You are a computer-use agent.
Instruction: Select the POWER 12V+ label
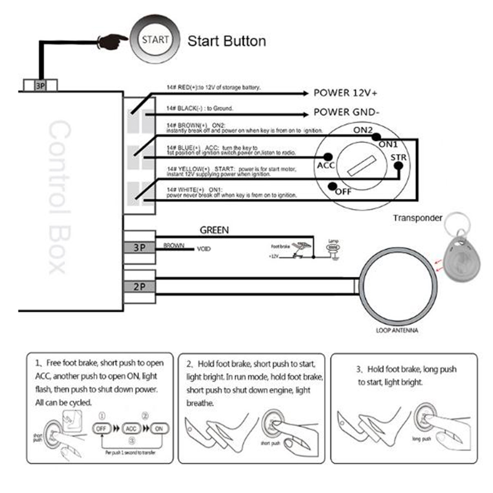click(x=346, y=93)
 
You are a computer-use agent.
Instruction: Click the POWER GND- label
click(x=346, y=113)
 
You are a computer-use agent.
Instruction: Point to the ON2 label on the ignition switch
click(x=364, y=129)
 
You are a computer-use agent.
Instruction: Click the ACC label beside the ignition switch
click(x=325, y=166)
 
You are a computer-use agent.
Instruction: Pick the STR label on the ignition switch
click(x=398, y=158)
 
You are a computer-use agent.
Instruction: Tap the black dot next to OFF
click(x=333, y=185)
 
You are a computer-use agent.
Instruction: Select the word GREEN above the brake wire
click(x=214, y=230)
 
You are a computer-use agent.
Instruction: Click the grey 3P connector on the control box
click(x=139, y=247)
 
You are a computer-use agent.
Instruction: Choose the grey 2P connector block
click(x=139, y=286)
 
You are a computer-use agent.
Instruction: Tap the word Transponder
click(x=418, y=218)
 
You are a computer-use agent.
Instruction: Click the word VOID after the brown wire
click(x=204, y=250)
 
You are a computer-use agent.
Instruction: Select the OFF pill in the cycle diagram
click(x=104, y=427)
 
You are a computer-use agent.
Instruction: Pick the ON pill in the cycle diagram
click(x=159, y=427)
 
